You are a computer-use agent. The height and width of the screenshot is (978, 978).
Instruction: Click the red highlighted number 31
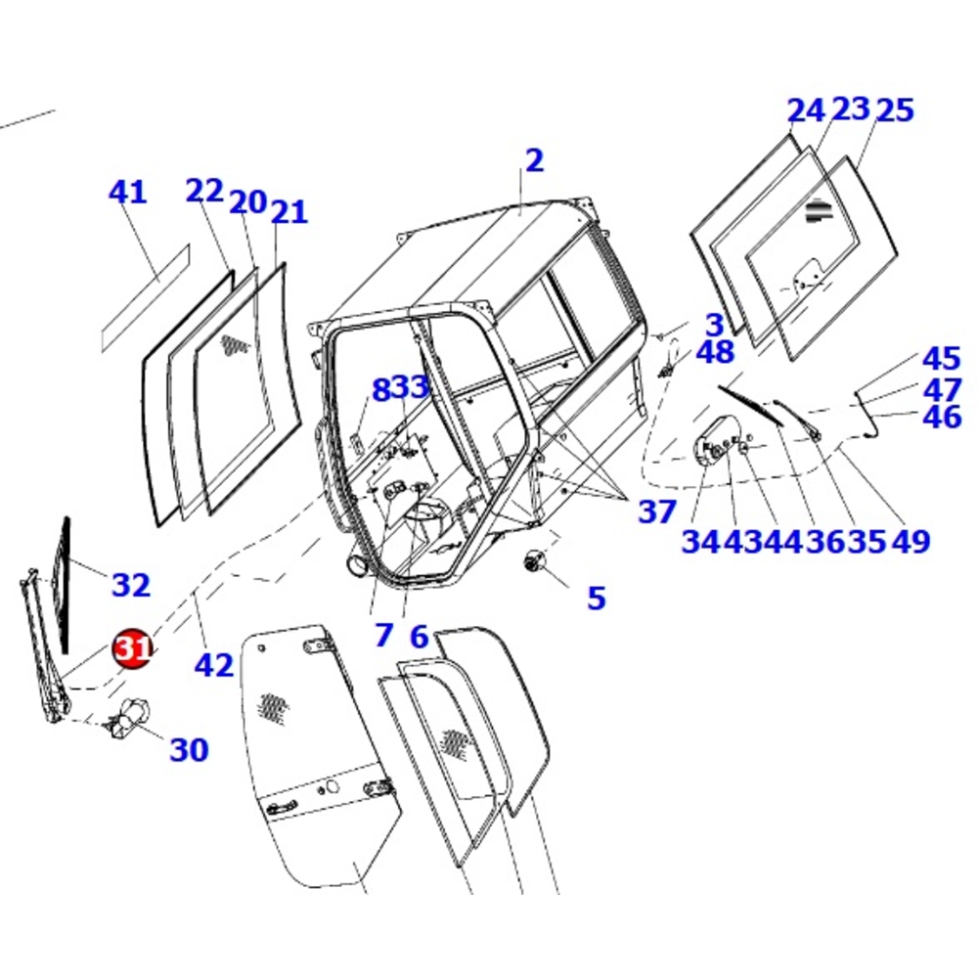click(132, 648)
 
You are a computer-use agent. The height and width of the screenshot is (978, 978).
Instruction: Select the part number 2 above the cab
click(533, 160)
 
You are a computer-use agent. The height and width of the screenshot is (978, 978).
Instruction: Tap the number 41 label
click(127, 192)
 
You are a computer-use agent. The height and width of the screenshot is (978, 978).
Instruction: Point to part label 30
click(189, 749)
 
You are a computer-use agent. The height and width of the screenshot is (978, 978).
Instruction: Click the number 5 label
click(596, 597)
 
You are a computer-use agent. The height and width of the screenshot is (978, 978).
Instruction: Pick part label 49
click(911, 540)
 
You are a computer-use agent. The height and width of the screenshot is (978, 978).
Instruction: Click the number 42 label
click(213, 665)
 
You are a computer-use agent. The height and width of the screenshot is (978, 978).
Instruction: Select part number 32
click(131, 585)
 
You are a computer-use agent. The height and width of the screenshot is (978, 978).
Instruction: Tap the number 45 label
click(941, 359)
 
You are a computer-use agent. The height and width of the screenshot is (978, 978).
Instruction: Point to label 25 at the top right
click(894, 110)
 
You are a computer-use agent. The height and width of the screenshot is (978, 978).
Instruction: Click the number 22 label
click(204, 191)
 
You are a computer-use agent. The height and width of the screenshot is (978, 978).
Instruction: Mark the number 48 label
click(715, 352)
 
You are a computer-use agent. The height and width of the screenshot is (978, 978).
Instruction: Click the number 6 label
click(419, 637)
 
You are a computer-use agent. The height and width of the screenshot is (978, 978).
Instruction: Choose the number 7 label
click(383, 636)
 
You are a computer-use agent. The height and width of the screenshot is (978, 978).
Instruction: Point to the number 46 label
click(941, 417)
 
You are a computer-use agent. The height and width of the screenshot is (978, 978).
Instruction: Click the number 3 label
click(715, 325)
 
